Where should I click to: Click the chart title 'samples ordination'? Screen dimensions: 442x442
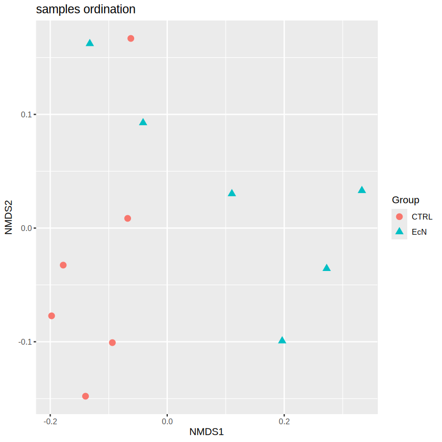point(86,9)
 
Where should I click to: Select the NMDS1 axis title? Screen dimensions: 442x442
point(207,433)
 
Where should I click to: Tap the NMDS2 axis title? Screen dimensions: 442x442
point(9,217)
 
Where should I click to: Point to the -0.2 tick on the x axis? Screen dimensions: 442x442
point(50,421)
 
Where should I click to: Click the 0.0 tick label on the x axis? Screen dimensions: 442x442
point(167,421)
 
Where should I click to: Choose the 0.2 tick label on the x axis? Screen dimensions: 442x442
point(284,421)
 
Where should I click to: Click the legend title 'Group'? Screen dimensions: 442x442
point(406,200)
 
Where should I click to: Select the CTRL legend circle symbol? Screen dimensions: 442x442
point(399,217)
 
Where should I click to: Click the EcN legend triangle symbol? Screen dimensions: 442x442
point(399,232)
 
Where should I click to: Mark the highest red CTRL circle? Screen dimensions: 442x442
point(131,38)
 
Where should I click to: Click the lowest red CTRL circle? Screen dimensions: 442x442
point(86,396)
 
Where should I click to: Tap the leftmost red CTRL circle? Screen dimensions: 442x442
point(52,316)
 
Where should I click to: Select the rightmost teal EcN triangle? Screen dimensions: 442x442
point(362,190)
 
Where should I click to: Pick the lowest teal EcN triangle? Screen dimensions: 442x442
point(282,340)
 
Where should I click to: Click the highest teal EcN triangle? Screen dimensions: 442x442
point(90,43)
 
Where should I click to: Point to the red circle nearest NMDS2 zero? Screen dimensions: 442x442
point(127,218)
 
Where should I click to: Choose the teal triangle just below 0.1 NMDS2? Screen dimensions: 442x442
point(143,123)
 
